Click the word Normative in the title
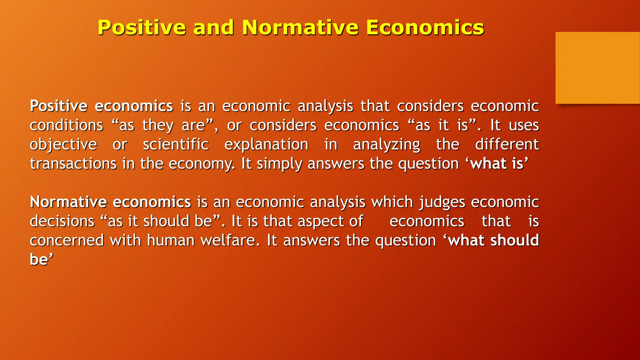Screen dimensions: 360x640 coord(300,27)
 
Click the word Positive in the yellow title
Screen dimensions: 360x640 coord(142,27)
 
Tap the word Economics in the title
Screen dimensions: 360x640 coord(425,27)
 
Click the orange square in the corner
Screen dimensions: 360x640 coord(597,68)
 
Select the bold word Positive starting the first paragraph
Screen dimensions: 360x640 coord(58,106)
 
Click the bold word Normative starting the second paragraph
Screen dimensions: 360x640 coord(68,202)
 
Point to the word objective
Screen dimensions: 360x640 coord(63,145)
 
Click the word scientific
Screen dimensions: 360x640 coord(176,145)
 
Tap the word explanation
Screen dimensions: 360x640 coord(266,145)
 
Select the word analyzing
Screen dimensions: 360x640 coord(387,145)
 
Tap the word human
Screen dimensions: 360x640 coord(171,241)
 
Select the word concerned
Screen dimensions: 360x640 coord(67,241)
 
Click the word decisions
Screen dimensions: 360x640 coord(62,222)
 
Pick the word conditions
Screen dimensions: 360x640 coord(66,126)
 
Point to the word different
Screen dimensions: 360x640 coord(507,145)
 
